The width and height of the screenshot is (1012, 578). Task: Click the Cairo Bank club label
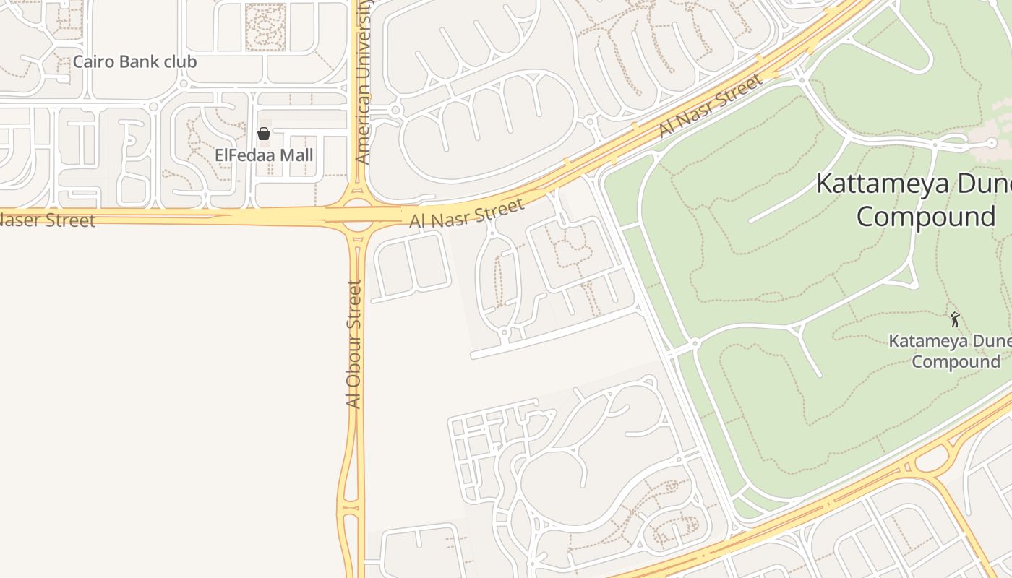pyautogui.click(x=134, y=62)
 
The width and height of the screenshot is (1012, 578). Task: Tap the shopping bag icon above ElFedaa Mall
pyautogui.click(x=264, y=134)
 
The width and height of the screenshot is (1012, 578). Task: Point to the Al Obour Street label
pyautogui.click(x=353, y=344)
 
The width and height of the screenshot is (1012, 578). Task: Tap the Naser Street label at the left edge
pyautogui.click(x=47, y=220)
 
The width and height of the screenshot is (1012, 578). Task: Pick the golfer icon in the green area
pyautogui.click(x=955, y=319)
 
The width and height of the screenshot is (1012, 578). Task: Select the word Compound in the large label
pyautogui.click(x=926, y=217)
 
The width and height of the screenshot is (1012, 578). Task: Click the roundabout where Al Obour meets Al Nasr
pyautogui.click(x=357, y=215)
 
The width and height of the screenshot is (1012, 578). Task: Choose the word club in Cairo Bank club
pyautogui.click(x=180, y=62)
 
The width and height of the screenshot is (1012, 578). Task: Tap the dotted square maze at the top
pyautogui.click(x=265, y=27)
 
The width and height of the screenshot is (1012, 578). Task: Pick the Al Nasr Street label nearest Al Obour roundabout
pyautogui.click(x=466, y=215)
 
